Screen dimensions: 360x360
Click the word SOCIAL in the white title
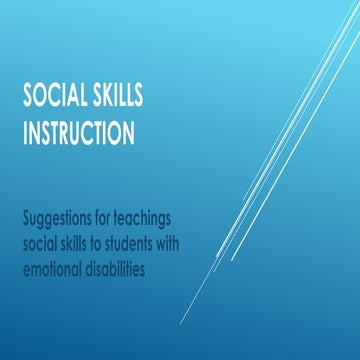(x=54, y=97)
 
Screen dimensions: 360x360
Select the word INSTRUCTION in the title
(x=80, y=130)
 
